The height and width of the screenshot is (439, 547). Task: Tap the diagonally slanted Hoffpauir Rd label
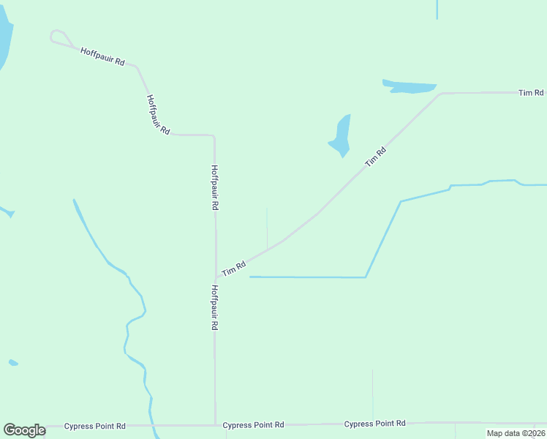click(158, 115)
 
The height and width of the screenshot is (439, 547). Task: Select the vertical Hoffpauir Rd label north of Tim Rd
click(214, 187)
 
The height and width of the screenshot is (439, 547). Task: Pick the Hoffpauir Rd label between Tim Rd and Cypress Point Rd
click(214, 308)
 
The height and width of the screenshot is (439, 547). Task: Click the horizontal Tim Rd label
click(531, 93)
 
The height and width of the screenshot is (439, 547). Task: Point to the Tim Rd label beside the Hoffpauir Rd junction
click(234, 269)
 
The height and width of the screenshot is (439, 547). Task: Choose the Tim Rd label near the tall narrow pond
click(375, 156)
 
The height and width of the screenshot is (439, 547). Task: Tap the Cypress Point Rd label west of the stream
click(95, 426)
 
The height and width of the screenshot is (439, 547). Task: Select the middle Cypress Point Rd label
click(253, 425)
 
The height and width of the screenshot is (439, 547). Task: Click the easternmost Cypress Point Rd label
click(375, 424)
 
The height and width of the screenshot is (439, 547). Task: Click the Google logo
click(24, 430)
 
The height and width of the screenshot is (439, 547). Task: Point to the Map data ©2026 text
click(516, 433)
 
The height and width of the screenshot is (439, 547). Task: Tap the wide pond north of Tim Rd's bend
click(410, 86)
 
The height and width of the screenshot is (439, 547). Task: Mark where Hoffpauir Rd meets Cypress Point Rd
click(215, 424)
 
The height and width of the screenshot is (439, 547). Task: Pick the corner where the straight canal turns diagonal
click(366, 277)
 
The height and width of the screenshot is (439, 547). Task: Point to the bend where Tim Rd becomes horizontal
click(440, 94)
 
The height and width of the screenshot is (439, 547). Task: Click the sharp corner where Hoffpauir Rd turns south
click(213, 136)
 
